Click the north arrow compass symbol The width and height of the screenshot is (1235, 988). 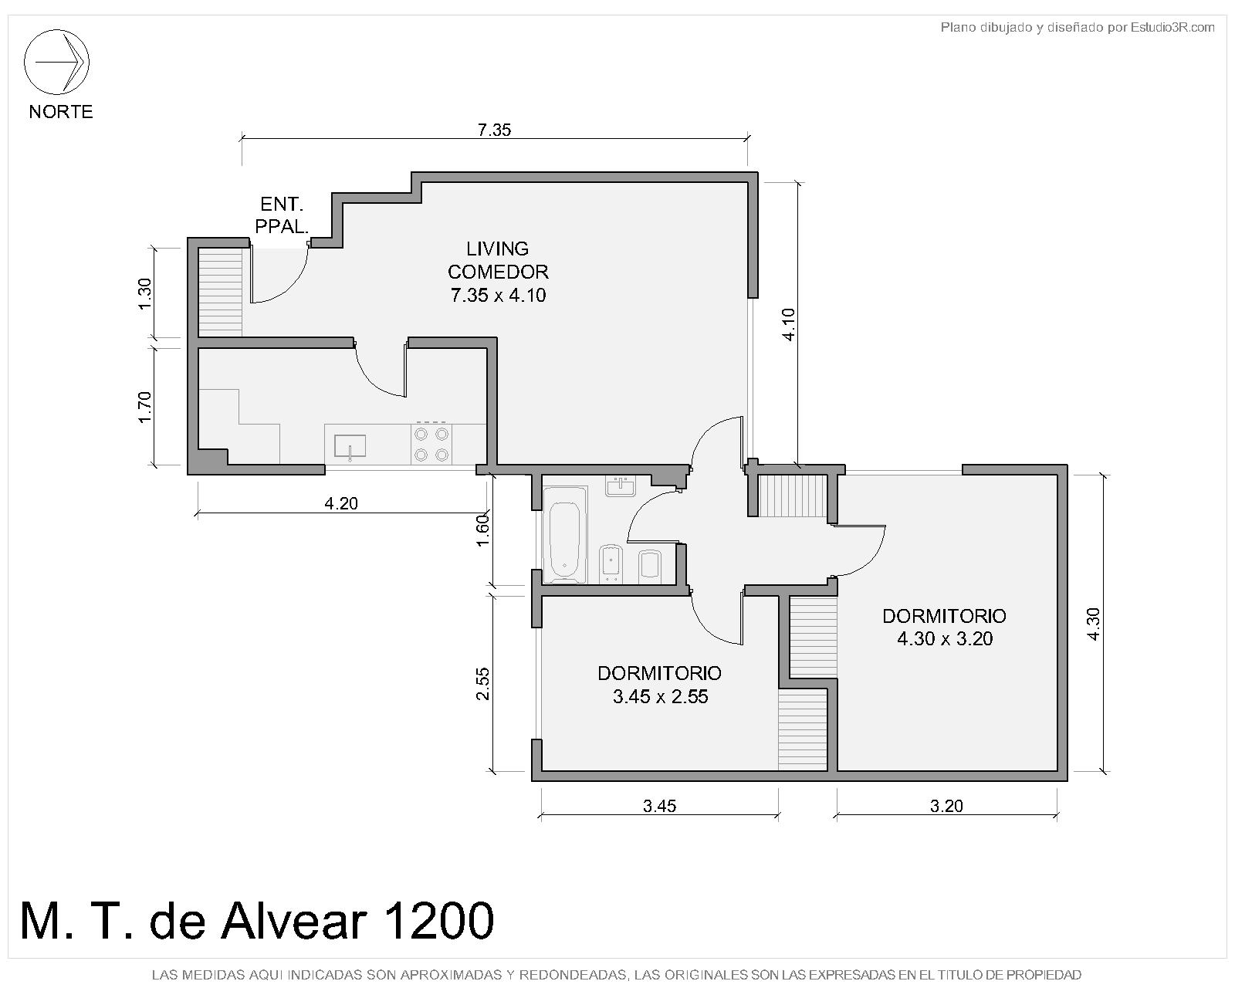(56, 62)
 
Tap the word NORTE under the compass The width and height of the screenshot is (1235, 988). (61, 111)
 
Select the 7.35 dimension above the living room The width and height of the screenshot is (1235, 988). (494, 130)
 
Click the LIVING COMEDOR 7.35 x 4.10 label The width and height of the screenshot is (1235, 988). (498, 272)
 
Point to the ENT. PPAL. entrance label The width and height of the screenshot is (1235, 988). (281, 215)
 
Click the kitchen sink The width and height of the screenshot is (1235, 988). (350, 447)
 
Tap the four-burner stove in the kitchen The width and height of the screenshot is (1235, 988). (431, 444)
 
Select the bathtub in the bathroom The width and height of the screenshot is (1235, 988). (565, 534)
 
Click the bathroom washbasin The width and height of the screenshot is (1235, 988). (621, 486)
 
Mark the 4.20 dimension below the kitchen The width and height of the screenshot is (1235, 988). (341, 503)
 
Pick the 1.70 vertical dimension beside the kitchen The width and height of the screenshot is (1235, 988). (144, 407)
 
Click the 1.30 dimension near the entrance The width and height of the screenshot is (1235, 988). (144, 294)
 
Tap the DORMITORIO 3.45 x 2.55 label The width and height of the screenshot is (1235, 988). (659, 685)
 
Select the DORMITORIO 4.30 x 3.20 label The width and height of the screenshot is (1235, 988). (944, 627)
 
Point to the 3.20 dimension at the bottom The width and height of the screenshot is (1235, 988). (946, 806)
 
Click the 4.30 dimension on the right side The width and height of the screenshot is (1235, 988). (1093, 624)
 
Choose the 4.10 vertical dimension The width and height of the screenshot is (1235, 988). (789, 324)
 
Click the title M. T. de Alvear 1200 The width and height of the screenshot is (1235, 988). (256, 920)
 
